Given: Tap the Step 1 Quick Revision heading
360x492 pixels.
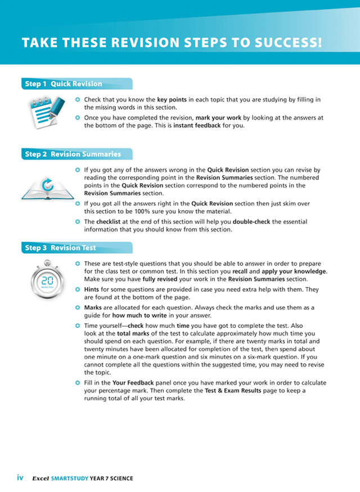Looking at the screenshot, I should point(63,84).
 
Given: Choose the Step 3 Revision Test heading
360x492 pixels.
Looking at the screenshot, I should point(60,247).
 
